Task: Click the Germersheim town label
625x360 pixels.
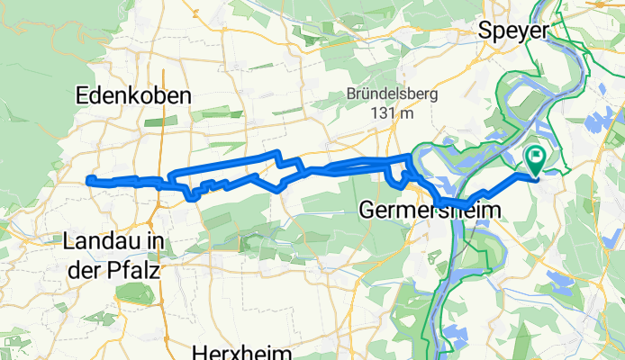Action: click(430, 210)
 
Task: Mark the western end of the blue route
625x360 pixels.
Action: click(89, 181)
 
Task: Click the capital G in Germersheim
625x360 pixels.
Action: click(367, 210)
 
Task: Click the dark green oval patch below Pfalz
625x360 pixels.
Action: click(134, 293)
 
